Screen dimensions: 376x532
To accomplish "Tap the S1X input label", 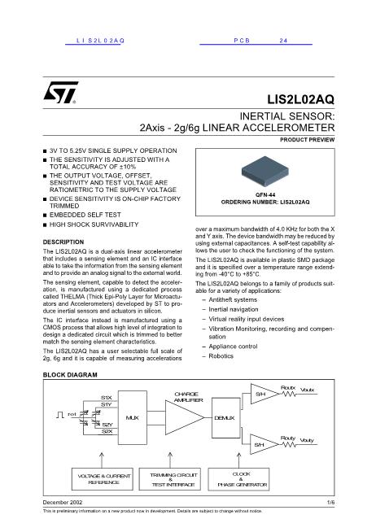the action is pyautogui.click(x=106, y=397).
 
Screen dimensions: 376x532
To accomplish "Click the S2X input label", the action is pyautogui.click(x=107, y=431).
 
